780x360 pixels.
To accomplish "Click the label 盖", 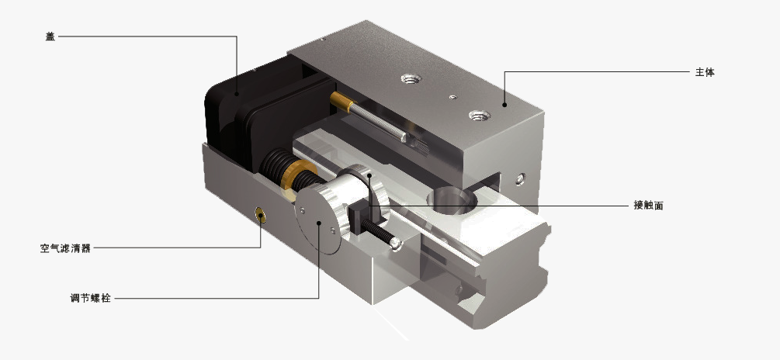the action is pyautogui.click(x=50, y=36).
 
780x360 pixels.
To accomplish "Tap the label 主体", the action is pyautogui.click(x=705, y=72).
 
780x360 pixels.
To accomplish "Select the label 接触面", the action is pyautogui.click(x=648, y=205).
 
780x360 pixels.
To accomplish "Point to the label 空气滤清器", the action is pyautogui.click(x=66, y=248).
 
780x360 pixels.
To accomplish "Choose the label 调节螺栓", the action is pyautogui.click(x=91, y=299).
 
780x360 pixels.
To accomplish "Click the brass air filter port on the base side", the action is pyautogui.click(x=260, y=215).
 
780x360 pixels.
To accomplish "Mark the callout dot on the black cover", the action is pyautogui.click(x=237, y=93).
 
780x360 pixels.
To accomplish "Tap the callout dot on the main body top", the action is pyautogui.click(x=504, y=105).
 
